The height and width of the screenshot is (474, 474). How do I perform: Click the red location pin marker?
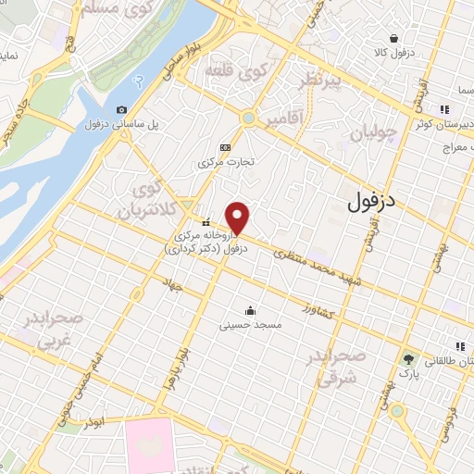point(238,218)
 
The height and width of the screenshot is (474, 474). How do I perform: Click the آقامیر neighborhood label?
point(284,121)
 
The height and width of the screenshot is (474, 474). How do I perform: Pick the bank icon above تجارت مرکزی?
point(225,147)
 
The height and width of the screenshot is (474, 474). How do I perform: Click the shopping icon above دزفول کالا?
point(394,39)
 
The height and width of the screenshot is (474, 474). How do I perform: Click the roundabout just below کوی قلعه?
point(247,118)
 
